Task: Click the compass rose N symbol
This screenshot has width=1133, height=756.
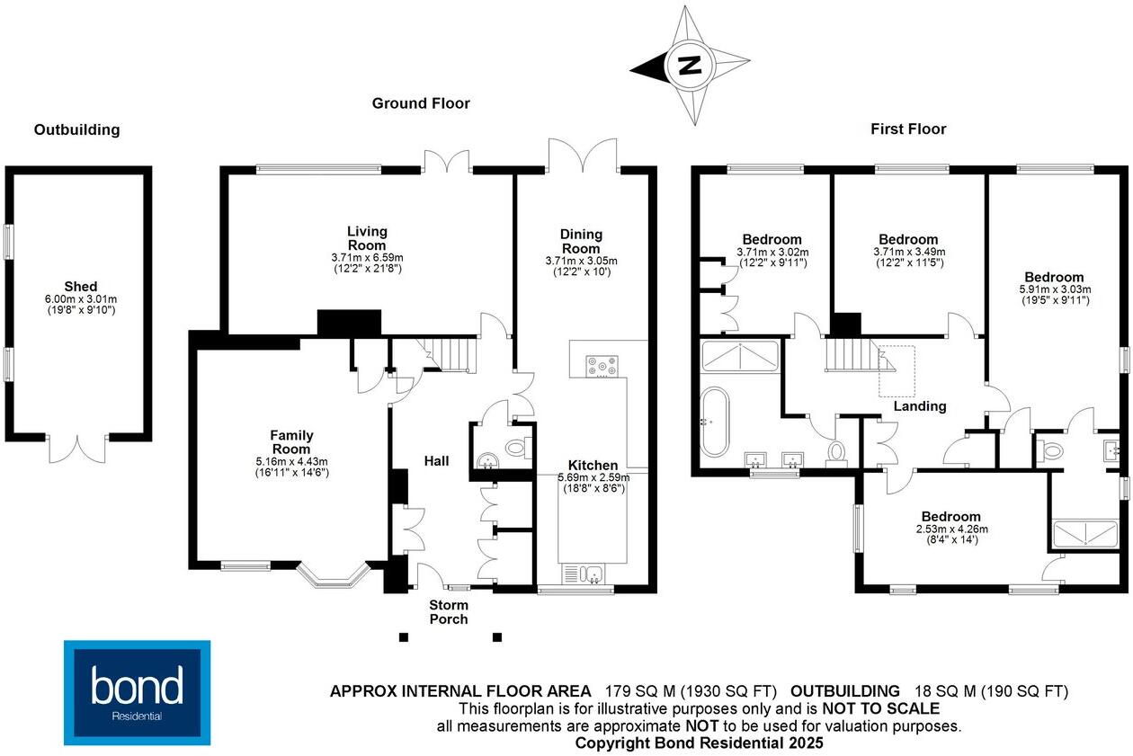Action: pos(690,66)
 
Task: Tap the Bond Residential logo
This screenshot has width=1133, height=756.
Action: pos(137,692)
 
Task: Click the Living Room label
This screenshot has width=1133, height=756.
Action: pos(367,239)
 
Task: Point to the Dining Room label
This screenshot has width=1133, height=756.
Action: pos(582,242)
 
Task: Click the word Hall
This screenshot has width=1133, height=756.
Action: pos(437,461)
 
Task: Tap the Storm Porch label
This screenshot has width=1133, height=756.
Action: pos(448,611)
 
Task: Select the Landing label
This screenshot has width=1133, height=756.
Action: pos(920,406)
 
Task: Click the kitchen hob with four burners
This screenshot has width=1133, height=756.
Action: pos(602,366)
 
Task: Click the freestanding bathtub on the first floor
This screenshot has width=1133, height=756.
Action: pos(716,419)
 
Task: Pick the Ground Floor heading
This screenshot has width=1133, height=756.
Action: pos(421,103)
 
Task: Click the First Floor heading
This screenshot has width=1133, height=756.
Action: pos(908,129)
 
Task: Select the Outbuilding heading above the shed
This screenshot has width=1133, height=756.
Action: pos(76,129)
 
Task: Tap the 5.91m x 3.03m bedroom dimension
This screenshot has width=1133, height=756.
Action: pos(1054,289)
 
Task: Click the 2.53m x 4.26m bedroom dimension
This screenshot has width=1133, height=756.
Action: pos(950,529)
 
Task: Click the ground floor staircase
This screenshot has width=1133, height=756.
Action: pos(447,353)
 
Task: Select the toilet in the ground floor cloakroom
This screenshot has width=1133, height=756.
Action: pos(517,447)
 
